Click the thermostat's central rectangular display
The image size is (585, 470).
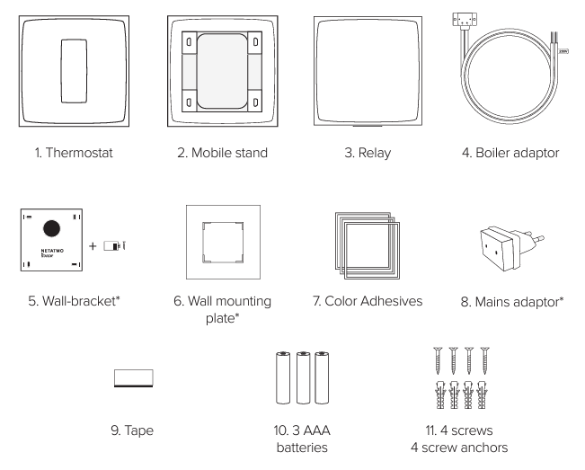pyautogui.click(x=74, y=71)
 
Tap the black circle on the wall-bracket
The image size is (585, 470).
pyautogui.click(x=51, y=228)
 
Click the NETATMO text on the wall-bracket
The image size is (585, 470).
pyautogui.click(x=52, y=251)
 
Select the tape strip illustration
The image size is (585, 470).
pyautogui.click(x=134, y=378)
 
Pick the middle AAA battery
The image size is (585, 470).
pyautogui.click(x=304, y=377)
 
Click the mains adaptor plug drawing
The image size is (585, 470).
pyautogui.click(x=511, y=248)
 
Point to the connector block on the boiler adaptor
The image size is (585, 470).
pyautogui.click(x=465, y=20)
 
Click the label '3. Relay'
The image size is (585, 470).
pyautogui.click(x=368, y=153)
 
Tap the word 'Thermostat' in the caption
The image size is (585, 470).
pyautogui.click(x=79, y=153)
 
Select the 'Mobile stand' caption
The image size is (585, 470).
pyautogui.click(x=229, y=153)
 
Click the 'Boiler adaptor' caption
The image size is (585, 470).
pyautogui.click(x=518, y=153)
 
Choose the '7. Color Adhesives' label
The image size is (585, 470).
pyautogui.click(x=368, y=301)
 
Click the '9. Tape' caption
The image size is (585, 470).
pyautogui.click(x=132, y=430)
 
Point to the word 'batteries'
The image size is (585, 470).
pyautogui.click(x=302, y=448)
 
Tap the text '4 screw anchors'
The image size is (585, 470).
pyautogui.click(x=459, y=448)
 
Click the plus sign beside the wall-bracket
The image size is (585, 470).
pyautogui.click(x=93, y=246)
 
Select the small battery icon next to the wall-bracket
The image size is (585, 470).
pyautogui.click(x=112, y=246)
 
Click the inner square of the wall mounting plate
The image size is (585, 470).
pyautogui.click(x=223, y=242)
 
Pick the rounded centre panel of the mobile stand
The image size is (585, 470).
pyautogui.click(x=222, y=71)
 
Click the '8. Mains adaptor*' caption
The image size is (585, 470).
pyautogui.click(x=512, y=302)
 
